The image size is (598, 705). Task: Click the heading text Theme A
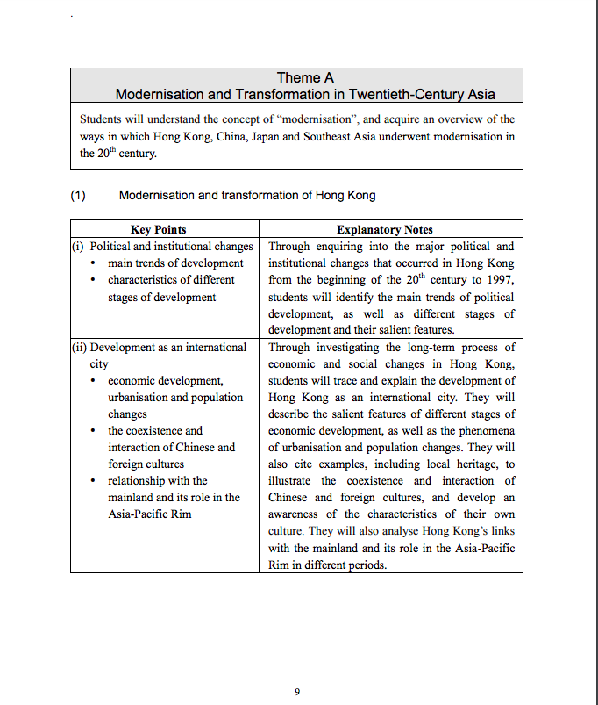(x=305, y=78)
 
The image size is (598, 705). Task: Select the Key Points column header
(x=158, y=230)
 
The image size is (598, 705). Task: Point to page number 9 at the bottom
(x=297, y=692)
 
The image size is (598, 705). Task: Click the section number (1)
(x=78, y=195)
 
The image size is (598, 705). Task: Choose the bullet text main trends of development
(x=175, y=263)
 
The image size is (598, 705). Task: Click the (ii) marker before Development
(x=79, y=347)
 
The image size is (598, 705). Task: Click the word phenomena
(x=488, y=430)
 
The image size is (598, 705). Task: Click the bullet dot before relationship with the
(x=94, y=481)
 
